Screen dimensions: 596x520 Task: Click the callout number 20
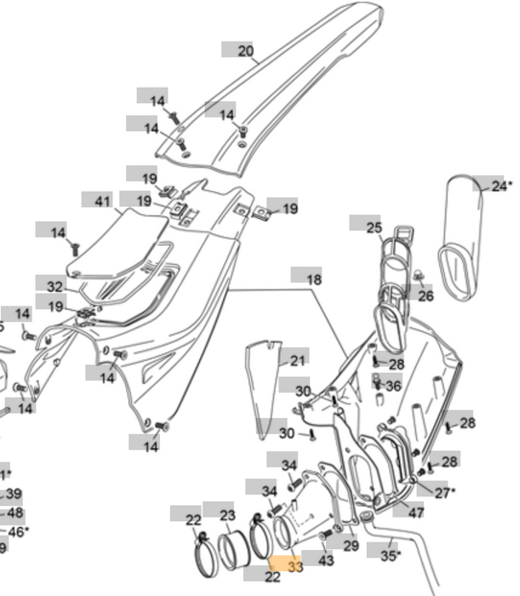tap(246, 51)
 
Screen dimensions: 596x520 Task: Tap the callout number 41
tap(103, 201)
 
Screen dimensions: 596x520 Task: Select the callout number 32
tap(54, 287)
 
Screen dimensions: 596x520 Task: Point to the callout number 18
tap(314, 278)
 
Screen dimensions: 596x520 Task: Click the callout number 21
tap(297, 361)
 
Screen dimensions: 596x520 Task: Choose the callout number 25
tap(374, 226)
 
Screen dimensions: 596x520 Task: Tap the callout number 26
tap(426, 295)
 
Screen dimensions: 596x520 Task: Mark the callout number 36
tap(393, 386)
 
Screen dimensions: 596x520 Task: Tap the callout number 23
tap(227, 515)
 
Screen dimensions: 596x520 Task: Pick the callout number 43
tap(326, 561)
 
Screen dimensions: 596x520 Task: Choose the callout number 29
tap(351, 544)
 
